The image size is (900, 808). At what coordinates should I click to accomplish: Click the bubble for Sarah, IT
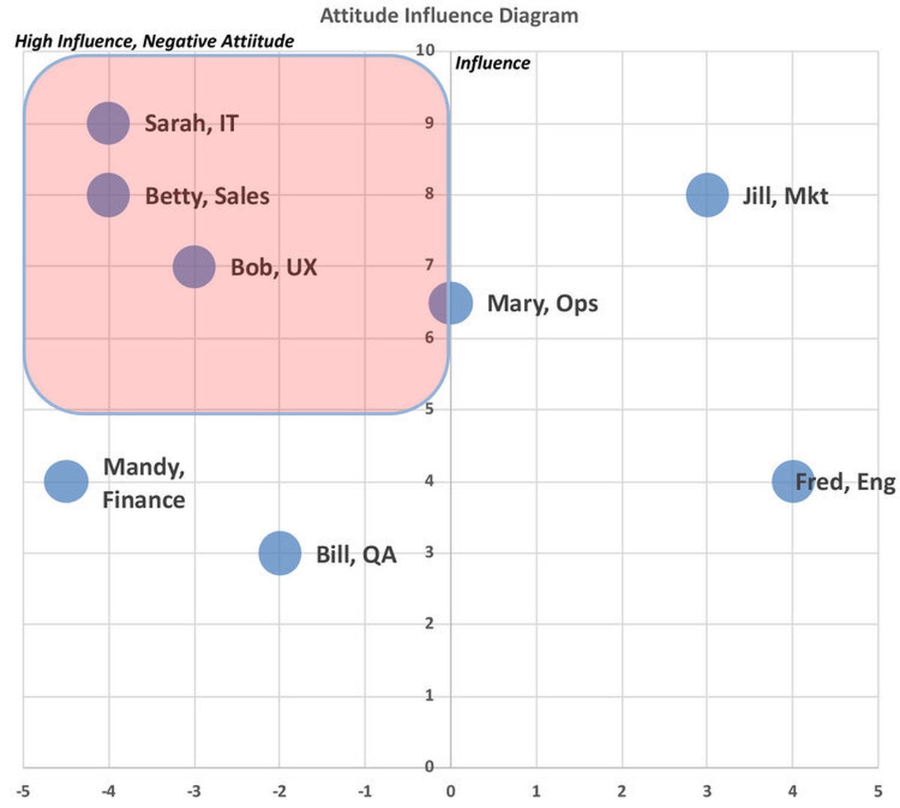[108, 123]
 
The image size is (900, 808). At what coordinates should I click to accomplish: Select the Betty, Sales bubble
[108, 195]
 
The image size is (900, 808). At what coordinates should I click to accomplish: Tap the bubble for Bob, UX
[194, 267]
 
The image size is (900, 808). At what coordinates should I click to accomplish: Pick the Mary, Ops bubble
[451, 303]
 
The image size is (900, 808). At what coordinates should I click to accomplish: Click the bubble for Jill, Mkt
[707, 195]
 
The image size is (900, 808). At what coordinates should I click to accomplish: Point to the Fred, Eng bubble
[793, 482]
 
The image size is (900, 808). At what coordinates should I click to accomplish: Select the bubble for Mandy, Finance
[66, 482]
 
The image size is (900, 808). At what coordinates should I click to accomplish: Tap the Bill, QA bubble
[280, 553]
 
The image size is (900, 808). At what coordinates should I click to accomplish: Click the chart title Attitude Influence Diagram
[449, 15]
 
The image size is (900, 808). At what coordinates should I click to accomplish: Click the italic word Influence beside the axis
[492, 63]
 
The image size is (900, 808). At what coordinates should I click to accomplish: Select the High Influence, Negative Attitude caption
[155, 41]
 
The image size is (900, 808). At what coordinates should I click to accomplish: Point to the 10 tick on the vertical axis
[425, 50]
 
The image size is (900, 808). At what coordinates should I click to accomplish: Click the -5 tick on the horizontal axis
[23, 791]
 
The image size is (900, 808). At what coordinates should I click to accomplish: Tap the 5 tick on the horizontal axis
[877, 791]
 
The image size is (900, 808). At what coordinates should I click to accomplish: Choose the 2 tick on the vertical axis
[429, 624]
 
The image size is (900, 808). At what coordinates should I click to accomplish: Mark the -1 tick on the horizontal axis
[365, 791]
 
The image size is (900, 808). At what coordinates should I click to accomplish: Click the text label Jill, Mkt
[785, 195]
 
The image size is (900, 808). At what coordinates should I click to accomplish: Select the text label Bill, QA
[356, 554]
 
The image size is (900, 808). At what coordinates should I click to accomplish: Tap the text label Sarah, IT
[191, 124]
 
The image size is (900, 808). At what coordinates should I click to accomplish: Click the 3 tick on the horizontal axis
[707, 791]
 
